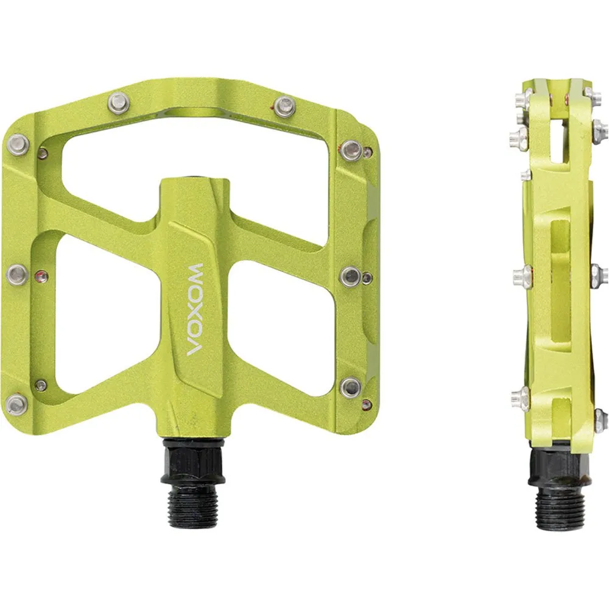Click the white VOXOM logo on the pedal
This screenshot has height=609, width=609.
[x=195, y=309]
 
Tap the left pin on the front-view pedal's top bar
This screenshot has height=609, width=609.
[x=117, y=102]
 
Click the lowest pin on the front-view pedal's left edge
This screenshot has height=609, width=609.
[x=18, y=402]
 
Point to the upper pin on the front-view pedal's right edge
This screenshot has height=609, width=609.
[x=352, y=148]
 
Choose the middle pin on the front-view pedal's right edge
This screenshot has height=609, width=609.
[x=351, y=276]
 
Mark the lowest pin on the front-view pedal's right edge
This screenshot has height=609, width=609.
[x=351, y=387]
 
